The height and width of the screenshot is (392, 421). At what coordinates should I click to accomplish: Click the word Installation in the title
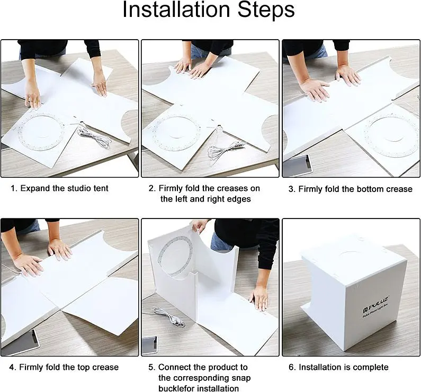tap(176, 10)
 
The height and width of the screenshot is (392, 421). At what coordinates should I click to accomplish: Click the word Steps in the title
tap(266, 10)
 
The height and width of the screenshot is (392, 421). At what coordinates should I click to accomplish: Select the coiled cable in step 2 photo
tap(226, 150)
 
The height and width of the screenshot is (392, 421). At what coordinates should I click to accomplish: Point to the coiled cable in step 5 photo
tap(168, 316)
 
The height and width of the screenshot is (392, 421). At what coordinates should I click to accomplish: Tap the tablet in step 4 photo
tap(21, 342)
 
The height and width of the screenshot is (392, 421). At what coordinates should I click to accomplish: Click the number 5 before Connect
tap(151, 367)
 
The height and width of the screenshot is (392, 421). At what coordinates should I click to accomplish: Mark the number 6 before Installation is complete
tap(292, 367)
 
